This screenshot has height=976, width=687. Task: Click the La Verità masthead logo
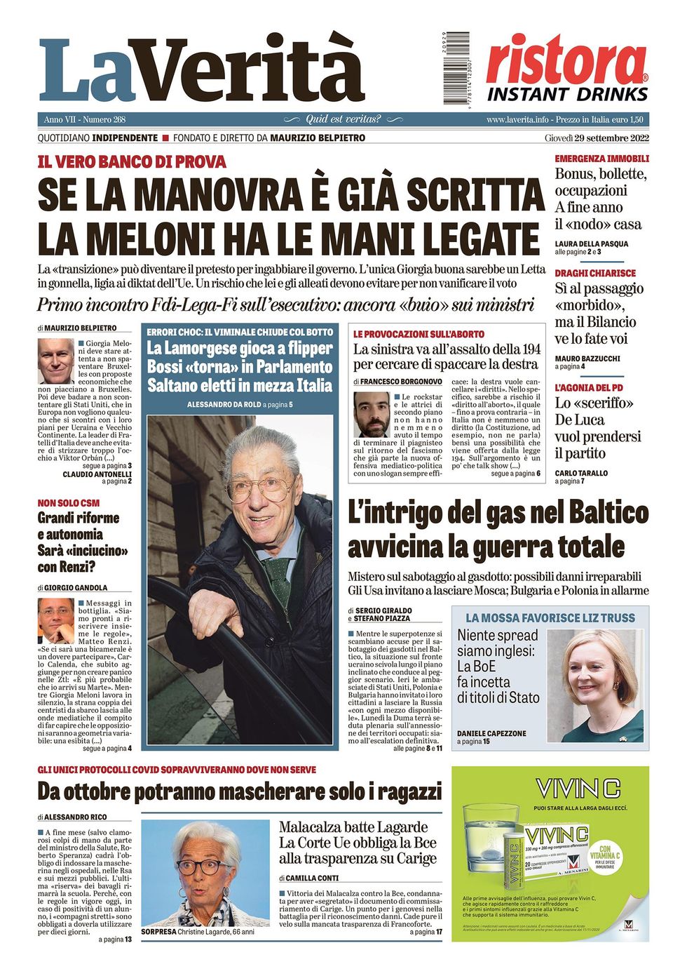tap(202, 70)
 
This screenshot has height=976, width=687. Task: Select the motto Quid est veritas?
tap(343, 119)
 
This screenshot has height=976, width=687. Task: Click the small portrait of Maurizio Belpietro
tap(56, 361)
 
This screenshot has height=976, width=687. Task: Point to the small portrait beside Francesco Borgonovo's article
tap(372, 415)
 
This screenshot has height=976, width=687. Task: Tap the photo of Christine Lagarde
tap(205, 873)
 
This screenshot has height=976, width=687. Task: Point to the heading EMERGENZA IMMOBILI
tap(601, 159)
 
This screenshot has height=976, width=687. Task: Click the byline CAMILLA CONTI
tap(313, 878)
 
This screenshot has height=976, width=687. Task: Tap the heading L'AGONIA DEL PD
tap(584, 387)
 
